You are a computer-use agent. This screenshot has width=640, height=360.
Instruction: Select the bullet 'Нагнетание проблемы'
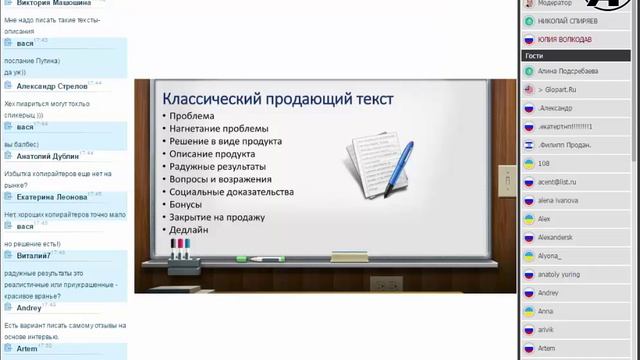[x=219, y=129]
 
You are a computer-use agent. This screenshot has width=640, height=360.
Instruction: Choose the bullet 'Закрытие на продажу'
[x=217, y=217]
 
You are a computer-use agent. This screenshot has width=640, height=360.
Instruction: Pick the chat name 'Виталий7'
[x=34, y=256]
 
